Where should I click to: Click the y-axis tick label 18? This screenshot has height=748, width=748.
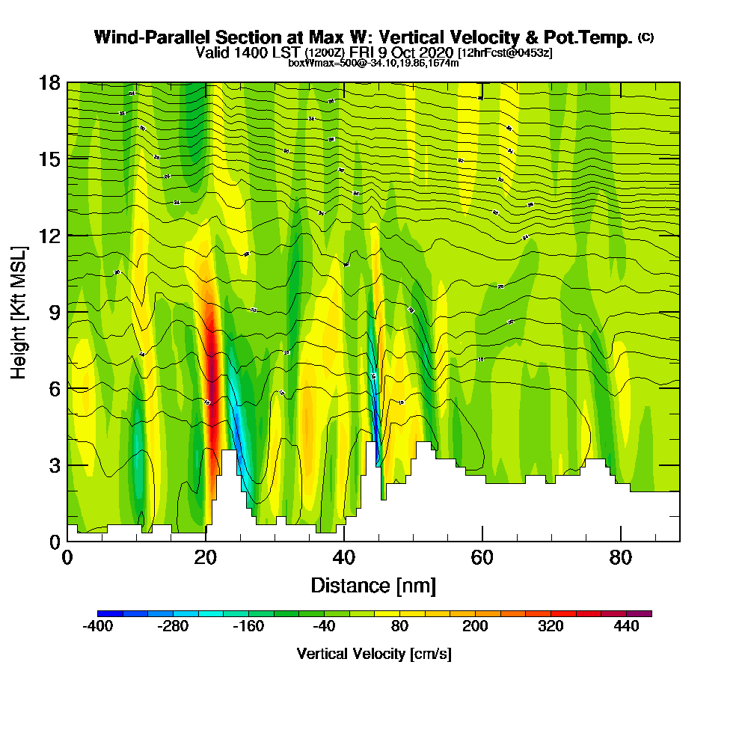(x=50, y=82)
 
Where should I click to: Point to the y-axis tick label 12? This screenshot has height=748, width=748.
(x=50, y=236)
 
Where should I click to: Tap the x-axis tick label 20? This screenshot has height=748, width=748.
(x=205, y=558)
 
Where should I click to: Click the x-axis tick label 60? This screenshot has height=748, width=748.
(x=482, y=558)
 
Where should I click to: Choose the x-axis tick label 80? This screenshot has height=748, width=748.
(x=621, y=558)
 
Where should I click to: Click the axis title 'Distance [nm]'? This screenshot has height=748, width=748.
(x=373, y=585)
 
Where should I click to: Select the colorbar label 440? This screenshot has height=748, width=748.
(x=626, y=627)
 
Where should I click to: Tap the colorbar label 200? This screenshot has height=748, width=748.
(x=475, y=627)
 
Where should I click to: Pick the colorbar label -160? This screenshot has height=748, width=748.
(x=248, y=627)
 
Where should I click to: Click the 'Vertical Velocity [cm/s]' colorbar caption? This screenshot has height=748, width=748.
(x=374, y=654)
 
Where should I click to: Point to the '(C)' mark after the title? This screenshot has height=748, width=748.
(x=646, y=37)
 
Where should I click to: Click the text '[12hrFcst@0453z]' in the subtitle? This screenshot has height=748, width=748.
(x=505, y=52)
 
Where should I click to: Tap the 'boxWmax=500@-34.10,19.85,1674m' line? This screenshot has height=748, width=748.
(x=373, y=63)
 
